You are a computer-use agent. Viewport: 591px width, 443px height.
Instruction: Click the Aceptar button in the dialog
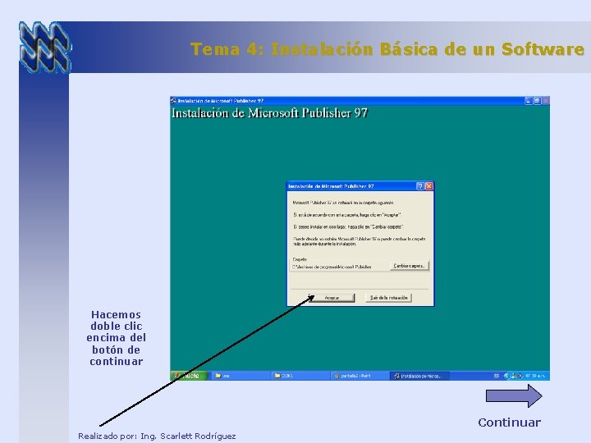click(x=331, y=298)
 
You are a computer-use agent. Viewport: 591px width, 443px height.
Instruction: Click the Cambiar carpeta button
click(x=410, y=266)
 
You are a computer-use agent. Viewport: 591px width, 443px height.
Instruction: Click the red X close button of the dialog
click(x=428, y=186)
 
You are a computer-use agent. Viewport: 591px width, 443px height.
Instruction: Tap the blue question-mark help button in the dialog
click(x=419, y=186)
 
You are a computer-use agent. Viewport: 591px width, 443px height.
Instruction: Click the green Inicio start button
click(x=189, y=376)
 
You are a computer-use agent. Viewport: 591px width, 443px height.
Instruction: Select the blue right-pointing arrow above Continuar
click(x=514, y=396)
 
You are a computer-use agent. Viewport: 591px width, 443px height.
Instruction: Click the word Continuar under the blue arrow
click(x=509, y=422)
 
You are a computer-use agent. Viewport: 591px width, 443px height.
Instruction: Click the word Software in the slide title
click(x=543, y=49)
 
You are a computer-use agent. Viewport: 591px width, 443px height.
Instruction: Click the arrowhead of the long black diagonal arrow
click(x=311, y=298)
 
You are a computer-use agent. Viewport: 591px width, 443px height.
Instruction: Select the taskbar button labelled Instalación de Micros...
click(x=420, y=376)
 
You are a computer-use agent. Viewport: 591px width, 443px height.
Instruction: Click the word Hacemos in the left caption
click(x=116, y=314)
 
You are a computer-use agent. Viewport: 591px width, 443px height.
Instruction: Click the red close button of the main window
click(x=545, y=100)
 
